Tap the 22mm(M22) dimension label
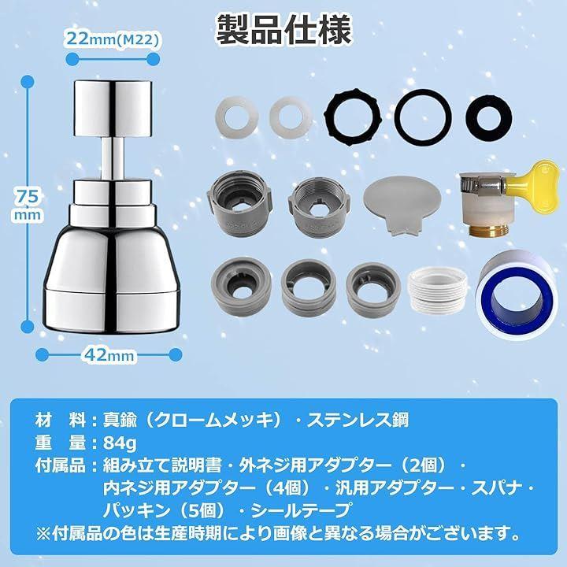tap(113, 39)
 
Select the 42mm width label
tap(109, 354)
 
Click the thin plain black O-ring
tap(423, 118)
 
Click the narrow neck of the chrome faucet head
tap(113, 157)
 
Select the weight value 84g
tap(120, 443)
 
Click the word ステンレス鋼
tap(358, 421)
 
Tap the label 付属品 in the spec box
tap(61, 465)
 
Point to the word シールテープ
tap(301, 510)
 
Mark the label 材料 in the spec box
tap(61, 421)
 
